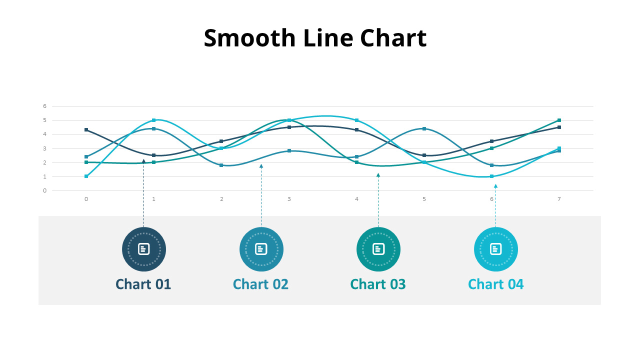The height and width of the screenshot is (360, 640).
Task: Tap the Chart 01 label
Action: tap(143, 284)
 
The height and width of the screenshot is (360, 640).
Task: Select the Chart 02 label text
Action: tap(260, 284)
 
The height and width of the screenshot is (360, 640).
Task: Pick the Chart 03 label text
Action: tap(378, 284)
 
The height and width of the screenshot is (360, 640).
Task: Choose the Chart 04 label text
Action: tap(495, 284)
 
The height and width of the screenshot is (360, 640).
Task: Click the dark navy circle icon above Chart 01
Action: tap(144, 249)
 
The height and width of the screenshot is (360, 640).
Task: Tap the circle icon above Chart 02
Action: tap(261, 249)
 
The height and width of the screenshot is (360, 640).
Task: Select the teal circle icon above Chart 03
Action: tap(378, 249)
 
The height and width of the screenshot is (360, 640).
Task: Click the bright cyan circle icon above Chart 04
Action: tap(495, 249)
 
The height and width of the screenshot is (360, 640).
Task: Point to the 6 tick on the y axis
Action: tap(44, 106)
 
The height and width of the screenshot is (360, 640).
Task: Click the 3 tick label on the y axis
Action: tap(44, 148)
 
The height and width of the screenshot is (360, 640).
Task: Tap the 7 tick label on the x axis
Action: tap(559, 199)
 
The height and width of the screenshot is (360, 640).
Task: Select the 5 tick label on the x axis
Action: tap(424, 199)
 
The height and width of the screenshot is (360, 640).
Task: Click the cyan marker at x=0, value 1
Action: tap(86, 176)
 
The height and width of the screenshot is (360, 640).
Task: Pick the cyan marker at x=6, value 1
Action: tap(492, 176)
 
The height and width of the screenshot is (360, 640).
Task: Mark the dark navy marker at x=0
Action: tap(86, 130)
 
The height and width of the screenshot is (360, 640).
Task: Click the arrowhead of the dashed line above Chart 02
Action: tap(261, 166)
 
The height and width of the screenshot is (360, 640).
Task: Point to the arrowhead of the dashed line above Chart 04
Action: tap(495, 186)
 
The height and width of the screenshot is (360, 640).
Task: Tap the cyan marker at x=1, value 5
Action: tap(154, 120)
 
